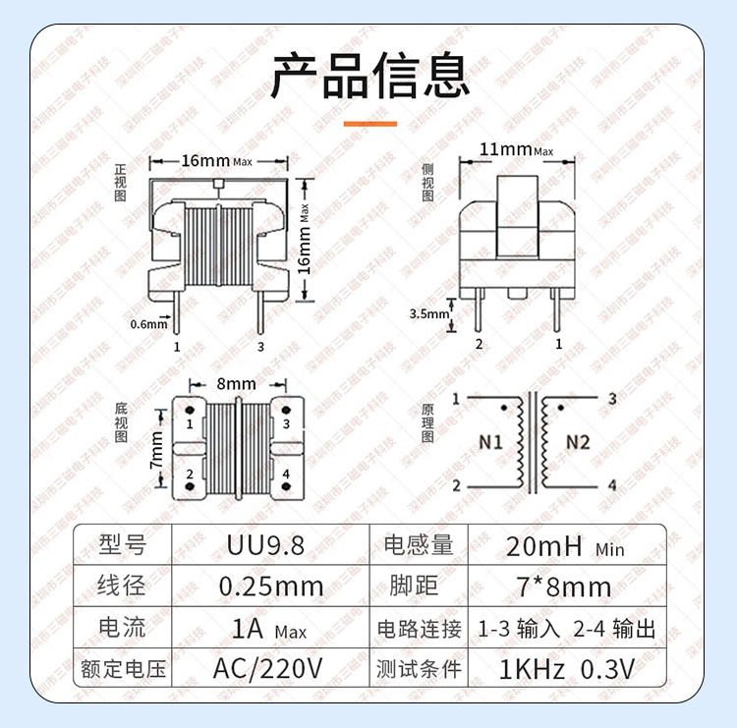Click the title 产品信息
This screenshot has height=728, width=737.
click(370, 76)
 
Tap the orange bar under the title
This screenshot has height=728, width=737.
click(370, 124)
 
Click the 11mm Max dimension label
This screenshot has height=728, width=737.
click(516, 150)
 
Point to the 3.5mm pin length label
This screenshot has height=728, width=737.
click(429, 313)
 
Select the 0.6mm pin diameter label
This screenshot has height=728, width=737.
click(148, 324)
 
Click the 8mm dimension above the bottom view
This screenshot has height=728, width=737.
click(237, 384)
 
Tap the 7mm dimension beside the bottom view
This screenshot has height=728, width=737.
click(156, 450)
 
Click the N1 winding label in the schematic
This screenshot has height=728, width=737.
click(490, 442)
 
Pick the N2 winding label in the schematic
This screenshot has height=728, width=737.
click(578, 442)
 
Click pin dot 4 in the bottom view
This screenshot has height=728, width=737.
click(286, 486)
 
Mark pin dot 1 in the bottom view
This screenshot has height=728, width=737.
click(190, 410)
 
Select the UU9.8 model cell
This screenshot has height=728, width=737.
click(265, 545)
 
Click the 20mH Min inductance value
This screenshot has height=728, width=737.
click(565, 546)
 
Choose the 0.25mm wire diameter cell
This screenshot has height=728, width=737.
click(271, 587)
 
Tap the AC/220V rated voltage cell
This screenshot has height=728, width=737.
click(267, 668)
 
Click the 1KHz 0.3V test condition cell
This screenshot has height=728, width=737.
click(566, 669)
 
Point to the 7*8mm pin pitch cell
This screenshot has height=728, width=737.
click(564, 587)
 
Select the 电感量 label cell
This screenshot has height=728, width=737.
click(419, 545)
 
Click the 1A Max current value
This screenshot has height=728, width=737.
click(269, 629)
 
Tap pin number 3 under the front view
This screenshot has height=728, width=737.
click(260, 347)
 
